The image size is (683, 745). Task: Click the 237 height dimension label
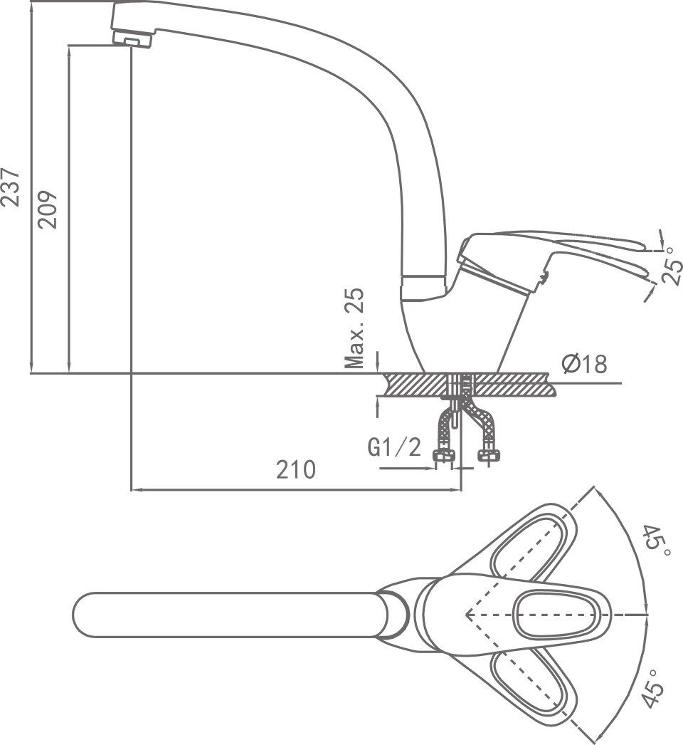coord(11,187)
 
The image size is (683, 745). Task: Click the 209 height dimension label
coord(48,209)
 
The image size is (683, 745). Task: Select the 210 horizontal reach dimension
coord(296,470)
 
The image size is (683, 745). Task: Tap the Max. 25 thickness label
coord(354,328)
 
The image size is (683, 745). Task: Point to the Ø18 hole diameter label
coord(584,365)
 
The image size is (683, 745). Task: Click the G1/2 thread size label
coord(394,447)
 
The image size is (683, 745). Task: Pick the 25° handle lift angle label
coord(672,266)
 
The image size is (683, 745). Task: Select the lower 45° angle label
coord(654,690)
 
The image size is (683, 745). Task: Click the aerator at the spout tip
coord(132,39)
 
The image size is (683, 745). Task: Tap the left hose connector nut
coord(443,456)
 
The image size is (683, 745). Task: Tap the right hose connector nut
coord(488,456)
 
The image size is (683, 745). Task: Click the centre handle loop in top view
coord(555,615)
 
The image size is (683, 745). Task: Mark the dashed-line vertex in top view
coord(467,615)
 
